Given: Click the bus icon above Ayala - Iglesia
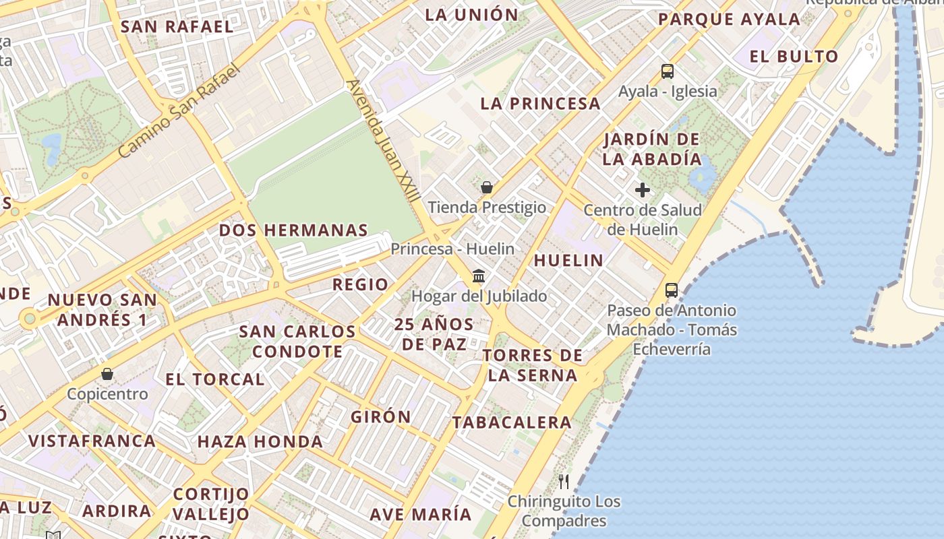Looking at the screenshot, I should point(668,71).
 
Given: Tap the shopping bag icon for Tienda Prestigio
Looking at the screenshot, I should point(487,187).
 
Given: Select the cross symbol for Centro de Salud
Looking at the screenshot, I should point(643,190).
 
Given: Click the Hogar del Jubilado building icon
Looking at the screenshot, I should point(479,276).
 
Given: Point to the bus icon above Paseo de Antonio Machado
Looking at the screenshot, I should point(672,290).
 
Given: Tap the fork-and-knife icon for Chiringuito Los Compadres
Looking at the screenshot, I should point(564,481).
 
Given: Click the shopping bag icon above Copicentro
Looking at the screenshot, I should point(107,373).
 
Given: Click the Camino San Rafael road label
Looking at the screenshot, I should point(179,111).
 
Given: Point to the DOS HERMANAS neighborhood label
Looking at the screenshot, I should point(293,230).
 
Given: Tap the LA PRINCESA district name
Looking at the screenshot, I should point(540,104).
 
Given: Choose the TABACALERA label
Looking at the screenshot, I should point(512,423).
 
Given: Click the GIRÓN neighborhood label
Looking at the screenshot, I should point(380,417).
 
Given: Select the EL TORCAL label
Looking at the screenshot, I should point(215,379).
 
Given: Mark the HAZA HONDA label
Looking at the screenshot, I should point(260,442).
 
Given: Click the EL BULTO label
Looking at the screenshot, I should point(794,57).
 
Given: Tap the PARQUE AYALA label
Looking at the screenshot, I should point(729,20).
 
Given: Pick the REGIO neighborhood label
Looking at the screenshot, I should point(360,285).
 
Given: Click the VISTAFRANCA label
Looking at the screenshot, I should point(92,441).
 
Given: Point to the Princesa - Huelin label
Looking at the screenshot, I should point(452,249).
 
